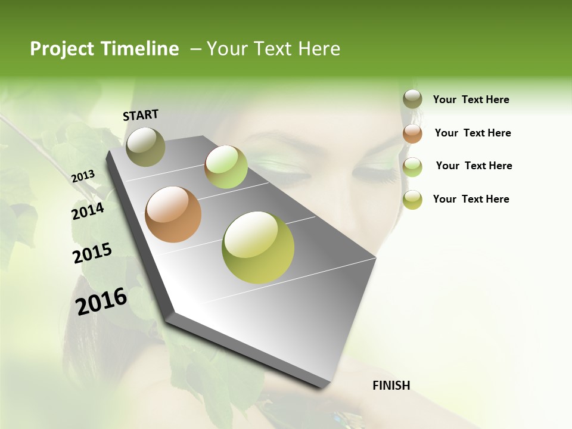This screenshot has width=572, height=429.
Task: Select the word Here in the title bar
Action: point(319,49)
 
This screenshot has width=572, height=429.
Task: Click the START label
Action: point(141,115)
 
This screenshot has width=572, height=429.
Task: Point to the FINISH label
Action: point(391,386)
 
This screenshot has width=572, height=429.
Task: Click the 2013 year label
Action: point(83,176)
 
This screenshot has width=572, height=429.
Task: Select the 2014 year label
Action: point(88,211)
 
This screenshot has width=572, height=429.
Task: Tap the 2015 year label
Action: point(92,253)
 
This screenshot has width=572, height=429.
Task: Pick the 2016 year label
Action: point(101,301)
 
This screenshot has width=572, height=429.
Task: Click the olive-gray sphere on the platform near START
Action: point(145,147)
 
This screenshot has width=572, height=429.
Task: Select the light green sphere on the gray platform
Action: point(226,167)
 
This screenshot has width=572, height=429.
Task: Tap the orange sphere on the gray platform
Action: point(173,214)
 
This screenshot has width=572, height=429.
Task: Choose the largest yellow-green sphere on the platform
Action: point(258,247)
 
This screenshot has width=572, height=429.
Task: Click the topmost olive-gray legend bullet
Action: point(412,99)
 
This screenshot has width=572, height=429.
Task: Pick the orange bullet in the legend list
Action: point(412,133)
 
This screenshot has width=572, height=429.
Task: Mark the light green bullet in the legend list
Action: point(412,167)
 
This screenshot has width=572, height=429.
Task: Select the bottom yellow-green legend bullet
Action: point(412,200)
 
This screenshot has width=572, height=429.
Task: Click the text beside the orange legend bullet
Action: point(472,133)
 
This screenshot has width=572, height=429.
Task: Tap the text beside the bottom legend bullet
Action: point(471,199)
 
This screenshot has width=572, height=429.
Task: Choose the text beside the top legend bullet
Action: point(471,100)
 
